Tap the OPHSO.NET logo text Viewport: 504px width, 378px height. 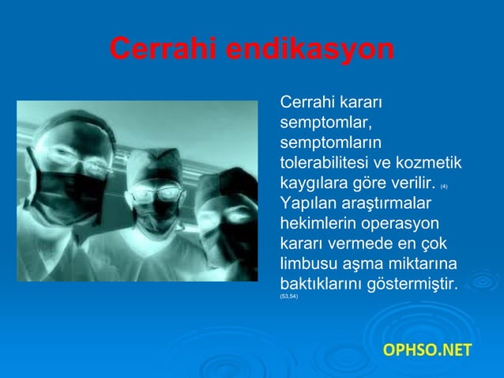pyautogui.click(x=427, y=349)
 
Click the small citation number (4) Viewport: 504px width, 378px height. pyautogui.click(x=444, y=186)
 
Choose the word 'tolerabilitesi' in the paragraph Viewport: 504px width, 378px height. pyautogui.click(x=325, y=164)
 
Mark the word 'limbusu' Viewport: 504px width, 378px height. pyautogui.click(x=309, y=263)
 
